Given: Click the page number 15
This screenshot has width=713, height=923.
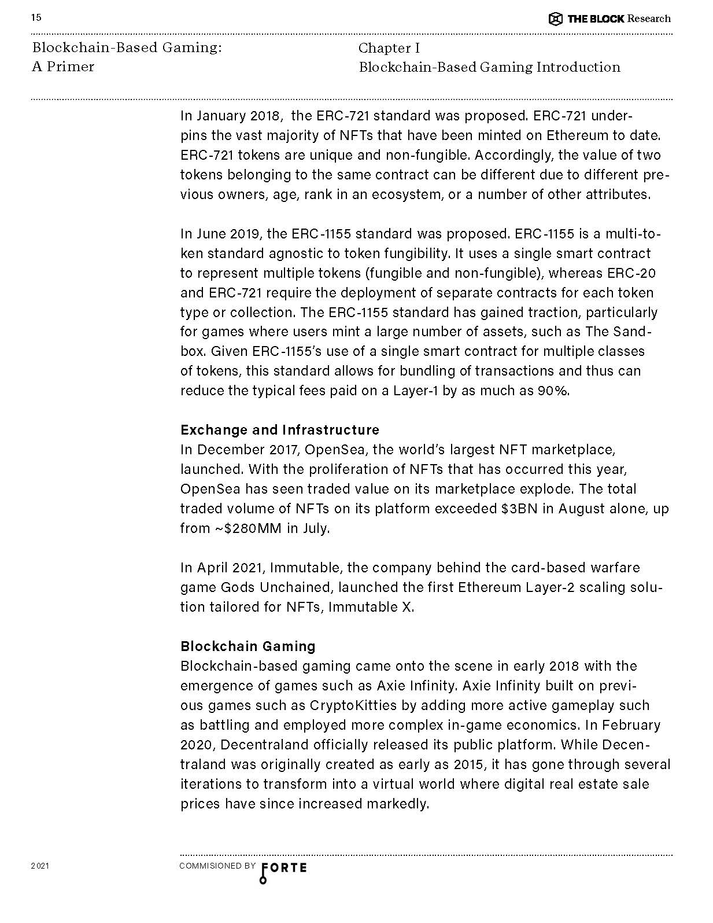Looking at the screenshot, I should pyautogui.click(x=36, y=17).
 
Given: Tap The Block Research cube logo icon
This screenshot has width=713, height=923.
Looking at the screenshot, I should pyautogui.click(x=555, y=19).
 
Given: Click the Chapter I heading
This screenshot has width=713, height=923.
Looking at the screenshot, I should pyautogui.click(x=389, y=48).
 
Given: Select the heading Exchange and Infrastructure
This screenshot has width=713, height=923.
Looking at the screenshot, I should pyautogui.click(x=280, y=430).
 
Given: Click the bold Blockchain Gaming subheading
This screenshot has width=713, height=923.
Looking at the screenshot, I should pyautogui.click(x=248, y=646).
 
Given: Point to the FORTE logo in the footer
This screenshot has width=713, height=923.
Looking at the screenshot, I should pyautogui.click(x=284, y=868).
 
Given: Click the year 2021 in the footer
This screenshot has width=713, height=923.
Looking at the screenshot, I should pyautogui.click(x=40, y=866).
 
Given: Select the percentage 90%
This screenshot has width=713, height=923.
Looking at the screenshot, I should pyautogui.click(x=553, y=391).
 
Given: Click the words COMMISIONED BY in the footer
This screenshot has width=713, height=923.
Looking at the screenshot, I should pyautogui.click(x=217, y=866).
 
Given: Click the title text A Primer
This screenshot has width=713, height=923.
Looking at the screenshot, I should pyautogui.click(x=63, y=67).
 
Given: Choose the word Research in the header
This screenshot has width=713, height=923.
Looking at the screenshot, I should pyautogui.click(x=649, y=19).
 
